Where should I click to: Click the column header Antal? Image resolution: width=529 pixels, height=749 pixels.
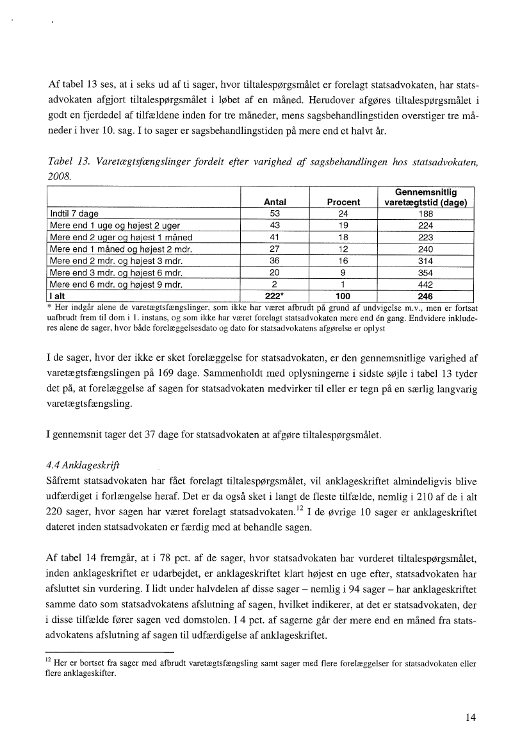click(x=275, y=202)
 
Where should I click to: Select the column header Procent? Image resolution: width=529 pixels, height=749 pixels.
click(x=343, y=202)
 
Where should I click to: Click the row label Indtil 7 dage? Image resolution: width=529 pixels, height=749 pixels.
click(x=74, y=214)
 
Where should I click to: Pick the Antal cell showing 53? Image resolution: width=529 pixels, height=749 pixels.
click(x=275, y=214)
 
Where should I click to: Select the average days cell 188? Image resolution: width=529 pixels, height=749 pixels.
click(x=425, y=214)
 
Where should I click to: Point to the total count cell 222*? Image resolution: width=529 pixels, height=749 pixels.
click(x=275, y=297)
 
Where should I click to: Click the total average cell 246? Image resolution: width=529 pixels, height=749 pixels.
click(x=425, y=297)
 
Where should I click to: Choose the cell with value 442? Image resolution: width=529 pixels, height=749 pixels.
click(x=425, y=284)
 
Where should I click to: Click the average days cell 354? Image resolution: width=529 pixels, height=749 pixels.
click(x=425, y=273)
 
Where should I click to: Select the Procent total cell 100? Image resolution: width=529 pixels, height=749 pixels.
click(x=343, y=297)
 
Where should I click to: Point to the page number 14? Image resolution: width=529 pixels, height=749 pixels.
click(x=471, y=718)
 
